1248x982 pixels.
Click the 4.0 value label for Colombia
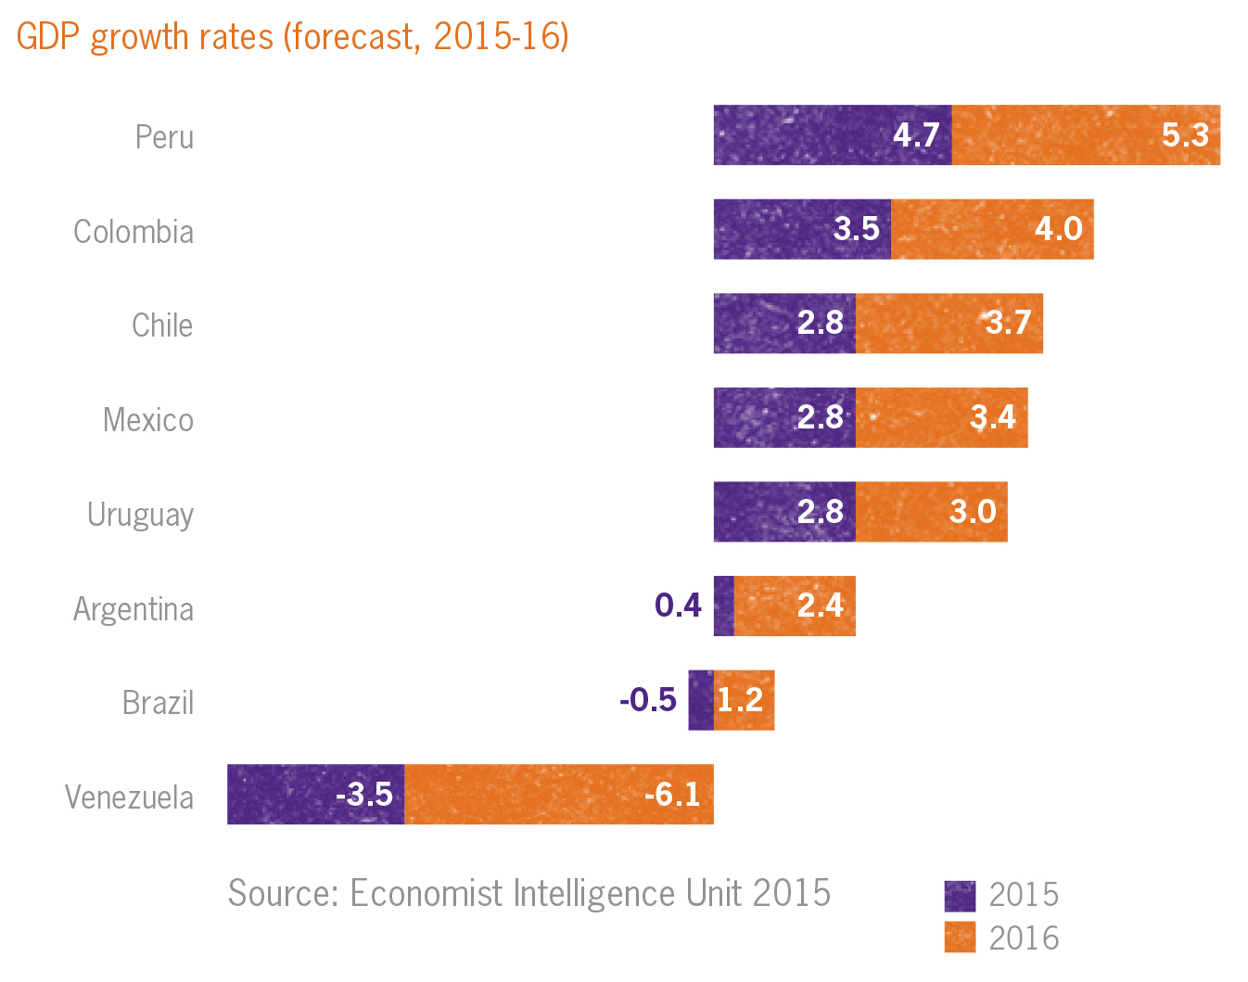click(x=1058, y=229)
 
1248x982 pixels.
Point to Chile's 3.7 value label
click(x=1008, y=323)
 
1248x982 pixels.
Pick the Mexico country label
click(x=148, y=420)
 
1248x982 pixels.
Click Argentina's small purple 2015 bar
click(x=723, y=606)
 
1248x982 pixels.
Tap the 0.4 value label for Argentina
click(x=678, y=606)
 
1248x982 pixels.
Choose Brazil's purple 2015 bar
click(x=700, y=700)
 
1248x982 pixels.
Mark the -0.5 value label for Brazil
click(x=647, y=700)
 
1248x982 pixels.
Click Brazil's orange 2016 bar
click(x=744, y=700)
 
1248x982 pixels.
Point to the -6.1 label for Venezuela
click(x=672, y=795)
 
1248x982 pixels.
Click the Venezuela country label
click(x=130, y=797)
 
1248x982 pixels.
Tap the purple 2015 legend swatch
click(x=960, y=896)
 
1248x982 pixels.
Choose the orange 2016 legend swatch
click(x=960, y=937)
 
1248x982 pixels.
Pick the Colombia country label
click(x=134, y=232)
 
